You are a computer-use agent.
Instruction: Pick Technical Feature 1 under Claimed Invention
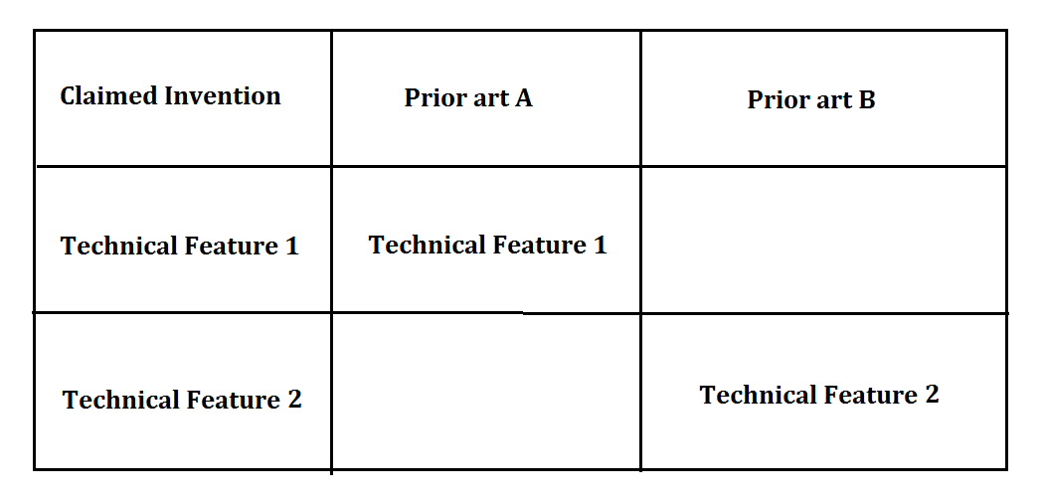pyautogui.click(x=179, y=247)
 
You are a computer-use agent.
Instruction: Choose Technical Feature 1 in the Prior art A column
pyautogui.click(x=487, y=246)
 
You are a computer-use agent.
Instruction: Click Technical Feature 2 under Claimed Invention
pyautogui.click(x=182, y=400)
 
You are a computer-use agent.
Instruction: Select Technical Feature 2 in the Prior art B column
pyautogui.click(x=819, y=396)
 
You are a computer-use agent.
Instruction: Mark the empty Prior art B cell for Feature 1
pyautogui.click(x=823, y=240)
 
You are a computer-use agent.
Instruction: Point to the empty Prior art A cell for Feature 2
pyautogui.click(x=486, y=391)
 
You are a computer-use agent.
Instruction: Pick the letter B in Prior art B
pyautogui.click(x=866, y=100)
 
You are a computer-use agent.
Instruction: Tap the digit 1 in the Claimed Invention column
pyautogui.click(x=291, y=247)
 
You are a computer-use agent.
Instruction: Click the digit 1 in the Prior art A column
pyautogui.click(x=600, y=246)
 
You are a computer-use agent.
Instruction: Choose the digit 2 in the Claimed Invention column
pyautogui.click(x=294, y=400)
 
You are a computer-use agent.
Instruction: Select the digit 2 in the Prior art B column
pyautogui.click(x=932, y=395)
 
